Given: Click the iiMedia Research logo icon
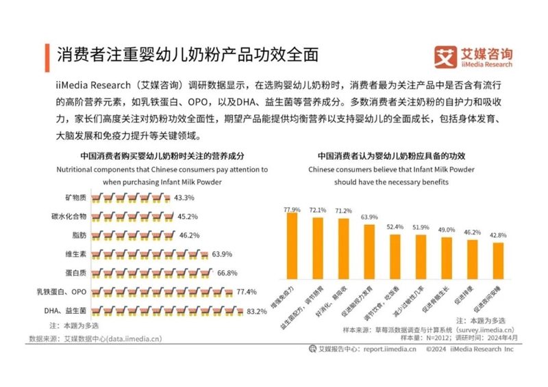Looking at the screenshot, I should [x=446, y=56].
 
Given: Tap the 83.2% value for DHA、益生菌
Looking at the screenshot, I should [x=257, y=312].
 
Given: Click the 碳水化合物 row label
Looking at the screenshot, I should [x=68, y=217].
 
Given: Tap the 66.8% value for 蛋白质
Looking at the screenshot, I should [x=229, y=273].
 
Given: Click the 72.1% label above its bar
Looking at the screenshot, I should [x=319, y=211].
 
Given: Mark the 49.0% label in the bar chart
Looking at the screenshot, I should [x=447, y=230].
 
